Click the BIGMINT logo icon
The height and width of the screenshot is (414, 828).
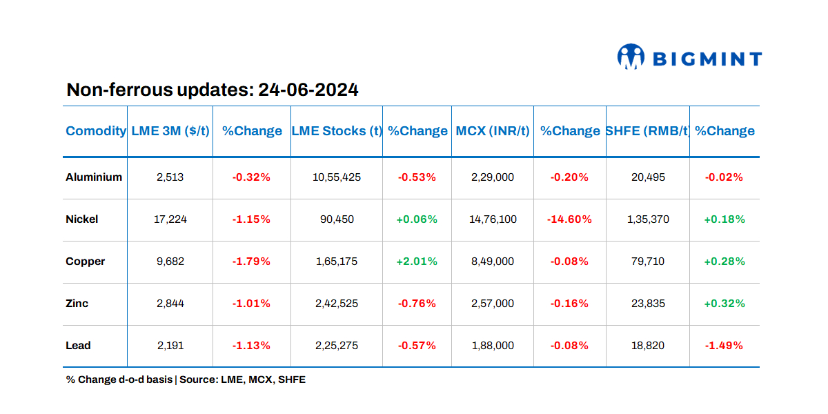[631, 57]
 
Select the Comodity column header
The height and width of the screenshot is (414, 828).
[96, 131]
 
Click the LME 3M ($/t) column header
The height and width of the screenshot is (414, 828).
[170, 131]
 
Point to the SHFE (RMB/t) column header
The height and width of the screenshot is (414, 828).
[647, 131]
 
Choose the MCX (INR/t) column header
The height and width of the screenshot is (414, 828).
[493, 131]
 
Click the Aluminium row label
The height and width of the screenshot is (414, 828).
[94, 177]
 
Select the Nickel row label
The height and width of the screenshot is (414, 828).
[82, 219]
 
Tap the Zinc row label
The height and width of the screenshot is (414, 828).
[77, 304]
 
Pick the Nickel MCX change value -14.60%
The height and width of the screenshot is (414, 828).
[569, 219]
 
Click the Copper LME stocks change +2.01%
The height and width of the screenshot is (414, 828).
[417, 262]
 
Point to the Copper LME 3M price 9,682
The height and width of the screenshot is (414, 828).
[170, 262]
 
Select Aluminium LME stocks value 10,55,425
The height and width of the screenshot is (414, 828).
[337, 177]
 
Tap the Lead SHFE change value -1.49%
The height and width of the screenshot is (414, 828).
[724, 346]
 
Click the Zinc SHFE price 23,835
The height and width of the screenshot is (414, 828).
[647, 304]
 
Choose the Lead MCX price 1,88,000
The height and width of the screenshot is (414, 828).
[493, 346]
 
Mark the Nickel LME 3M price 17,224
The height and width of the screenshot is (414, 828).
[170, 219]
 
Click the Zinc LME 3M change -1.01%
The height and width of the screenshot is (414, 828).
[251, 304]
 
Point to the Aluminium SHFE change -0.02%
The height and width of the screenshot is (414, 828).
[724, 177]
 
